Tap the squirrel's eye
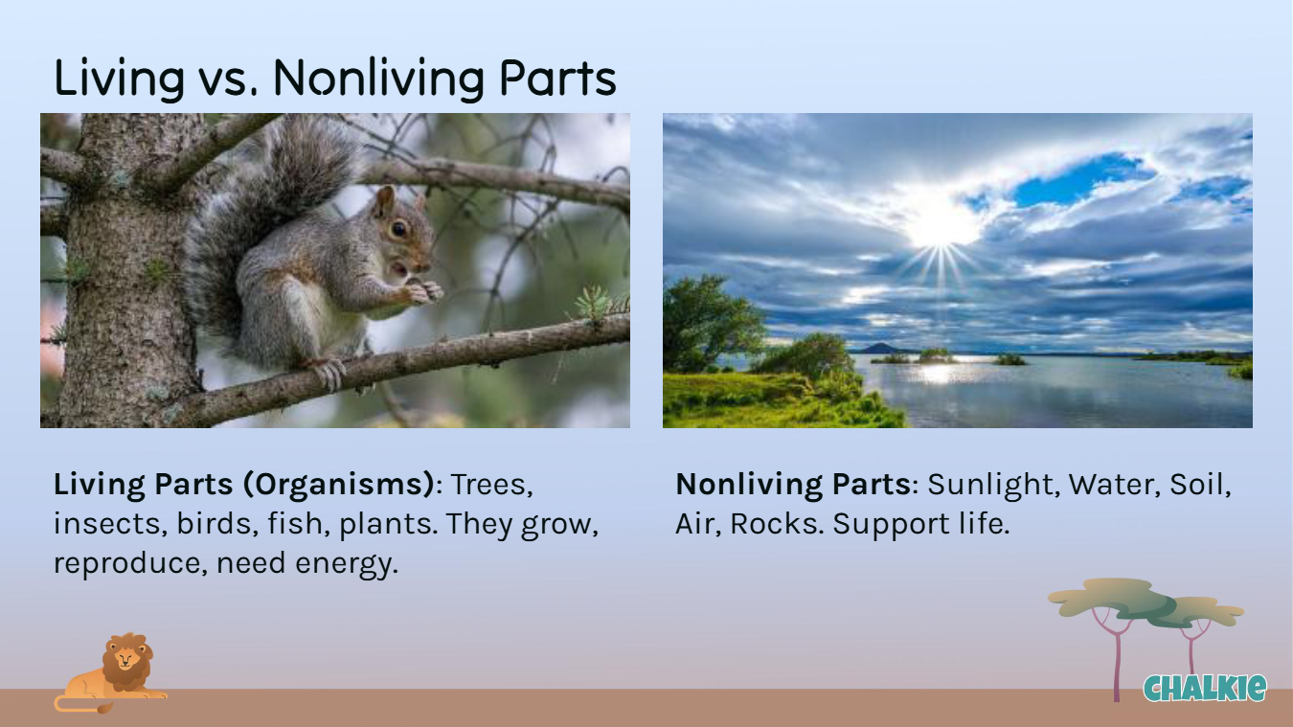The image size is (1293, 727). point(398,230)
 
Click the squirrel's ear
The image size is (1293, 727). point(383,201)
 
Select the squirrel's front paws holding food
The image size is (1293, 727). point(423,290)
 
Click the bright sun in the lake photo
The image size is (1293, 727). point(940,223)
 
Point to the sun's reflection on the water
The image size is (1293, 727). point(938,373)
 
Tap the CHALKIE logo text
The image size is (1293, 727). point(1205,689)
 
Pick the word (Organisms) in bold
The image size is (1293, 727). point(338,485)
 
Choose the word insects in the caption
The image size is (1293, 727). point(110,524)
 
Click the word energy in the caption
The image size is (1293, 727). point(347,563)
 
